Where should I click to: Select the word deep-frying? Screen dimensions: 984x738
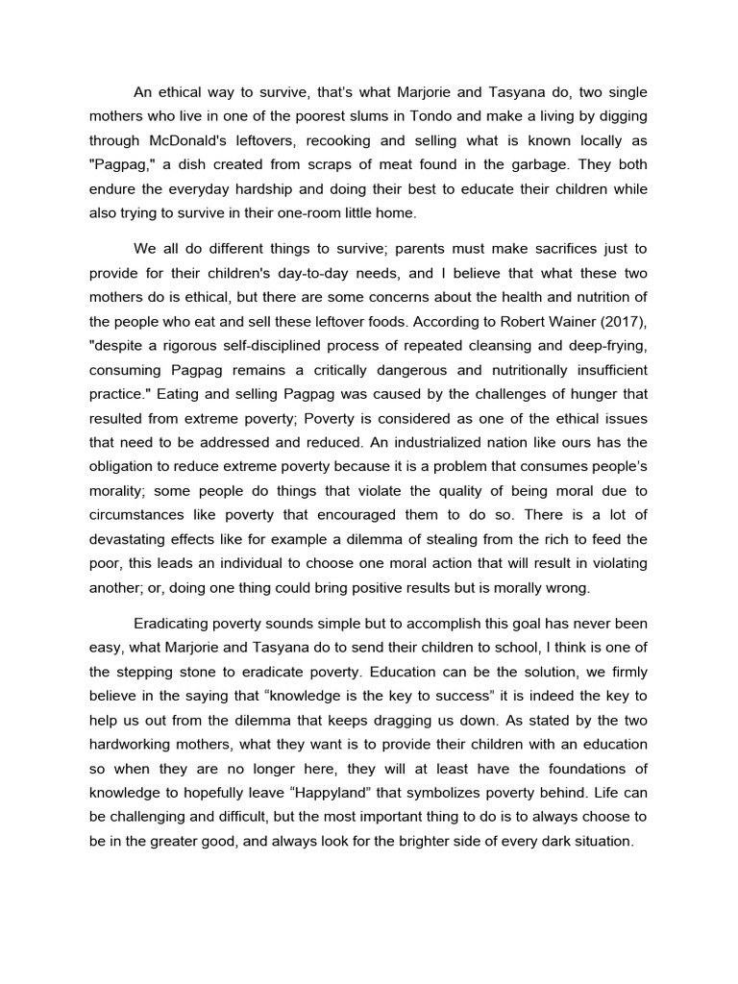coord(605,345)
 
